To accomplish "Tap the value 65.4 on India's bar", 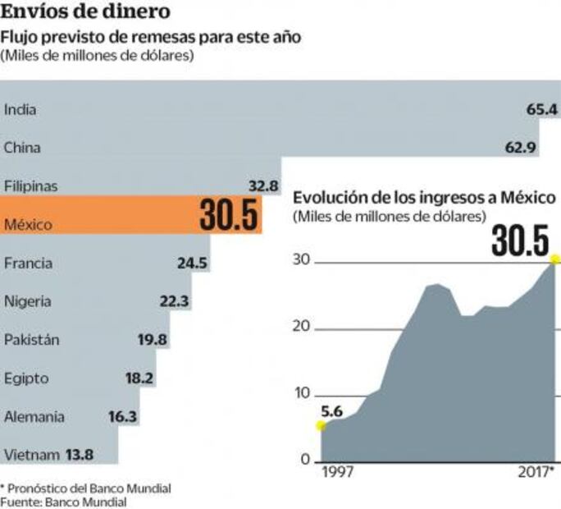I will (x=542, y=109).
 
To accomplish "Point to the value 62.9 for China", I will (x=520, y=148).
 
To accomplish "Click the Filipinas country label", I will (x=31, y=186).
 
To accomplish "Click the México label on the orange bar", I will (x=28, y=224).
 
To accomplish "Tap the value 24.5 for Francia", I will (x=192, y=264).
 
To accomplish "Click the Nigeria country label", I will (x=27, y=301).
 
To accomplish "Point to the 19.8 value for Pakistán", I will (x=153, y=340).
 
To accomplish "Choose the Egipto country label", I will (x=26, y=378).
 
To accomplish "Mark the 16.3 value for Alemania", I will (x=122, y=417).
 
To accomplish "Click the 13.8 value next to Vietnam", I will (x=79, y=455).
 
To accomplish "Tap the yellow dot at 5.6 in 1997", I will (x=320, y=424).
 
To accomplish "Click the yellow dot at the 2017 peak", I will (x=555, y=260).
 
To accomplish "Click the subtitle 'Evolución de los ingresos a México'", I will (x=425, y=198).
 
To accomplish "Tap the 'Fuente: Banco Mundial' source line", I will (x=63, y=502).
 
